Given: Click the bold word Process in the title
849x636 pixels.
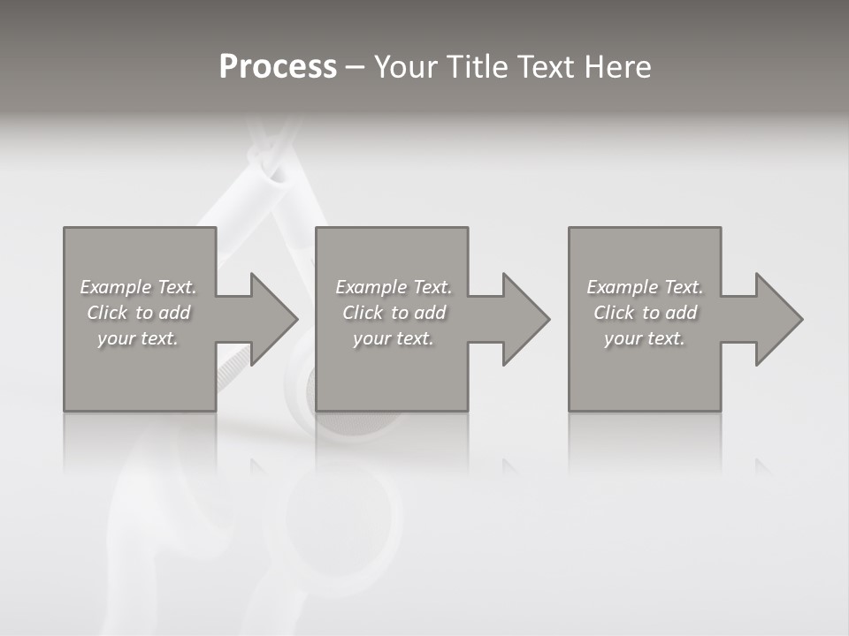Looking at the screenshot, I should click(278, 67).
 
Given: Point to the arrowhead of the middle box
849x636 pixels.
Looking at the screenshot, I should click(524, 319).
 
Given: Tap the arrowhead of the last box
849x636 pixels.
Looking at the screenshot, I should click(777, 319).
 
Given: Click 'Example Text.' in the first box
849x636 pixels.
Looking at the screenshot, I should click(138, 287).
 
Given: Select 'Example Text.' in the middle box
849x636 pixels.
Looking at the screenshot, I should click(394, 287).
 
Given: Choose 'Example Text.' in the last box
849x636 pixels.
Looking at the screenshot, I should click(645, 287).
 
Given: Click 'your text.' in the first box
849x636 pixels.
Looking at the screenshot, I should click(138, 338).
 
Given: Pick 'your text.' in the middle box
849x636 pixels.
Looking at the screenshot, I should click(394, 338).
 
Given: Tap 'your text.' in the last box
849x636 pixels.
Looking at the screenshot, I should click(645, 338).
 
